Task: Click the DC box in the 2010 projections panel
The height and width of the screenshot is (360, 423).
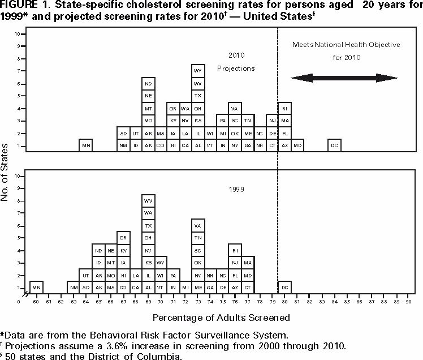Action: click(x=334, y=145)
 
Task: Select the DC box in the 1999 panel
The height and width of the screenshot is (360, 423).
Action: click(x=284, y=288)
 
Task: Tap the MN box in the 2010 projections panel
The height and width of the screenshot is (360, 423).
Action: click(x=85, y=145)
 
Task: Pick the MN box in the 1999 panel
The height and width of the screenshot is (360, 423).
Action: click(x=36, y=288)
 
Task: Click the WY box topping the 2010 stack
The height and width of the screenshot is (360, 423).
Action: click(x=198, y=71)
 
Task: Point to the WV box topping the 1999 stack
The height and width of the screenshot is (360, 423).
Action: click(x=148, y=201)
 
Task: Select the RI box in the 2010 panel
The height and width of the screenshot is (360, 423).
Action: click(x=284, y=108)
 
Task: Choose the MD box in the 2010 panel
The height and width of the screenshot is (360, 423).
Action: click(x=297, y=145)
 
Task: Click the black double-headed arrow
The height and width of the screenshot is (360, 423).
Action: click(x=344, y=78)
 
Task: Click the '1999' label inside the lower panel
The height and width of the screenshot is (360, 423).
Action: click(x=236, y=190)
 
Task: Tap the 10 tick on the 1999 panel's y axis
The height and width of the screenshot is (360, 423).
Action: click(x=18, y=176)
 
